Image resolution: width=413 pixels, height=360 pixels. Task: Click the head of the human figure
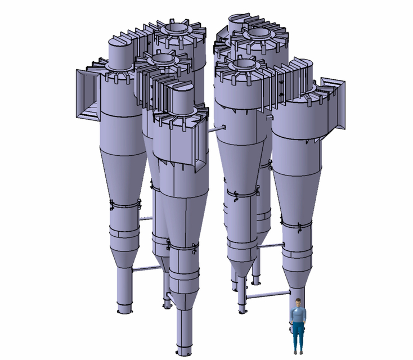pos(297,304)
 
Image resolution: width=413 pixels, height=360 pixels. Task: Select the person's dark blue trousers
pos(297,335)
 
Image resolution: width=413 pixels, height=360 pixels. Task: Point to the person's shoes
pos(298,352)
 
